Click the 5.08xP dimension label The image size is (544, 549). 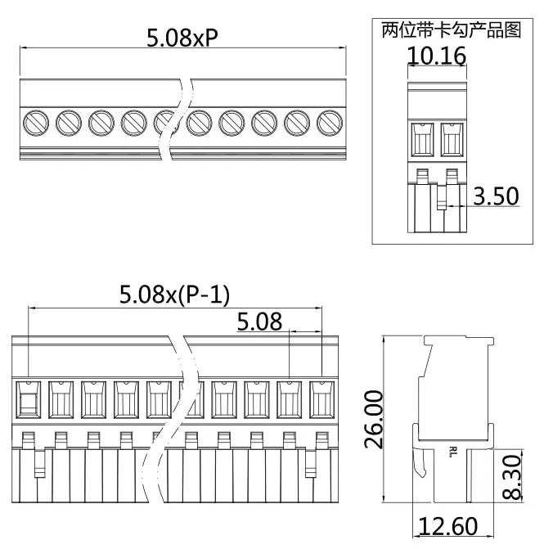(x=182, y=38)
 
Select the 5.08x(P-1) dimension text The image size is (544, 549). (x=174, y=295)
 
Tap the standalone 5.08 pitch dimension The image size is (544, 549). (x=259, y=322)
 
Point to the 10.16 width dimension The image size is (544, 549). (x=437, y=56)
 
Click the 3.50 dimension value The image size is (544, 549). (x=496, y=196)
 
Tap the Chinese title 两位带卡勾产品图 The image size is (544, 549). (x=452, y=31)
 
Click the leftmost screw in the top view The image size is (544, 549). (x=36, y=124)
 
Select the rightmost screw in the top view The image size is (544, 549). (x=329, y=124)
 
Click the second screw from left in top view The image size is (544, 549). (x=69, y=124)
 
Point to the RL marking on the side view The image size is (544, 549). (x=453, y=451)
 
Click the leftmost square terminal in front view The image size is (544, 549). (x=29, y=398)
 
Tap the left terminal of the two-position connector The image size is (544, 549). (x=423, y=138)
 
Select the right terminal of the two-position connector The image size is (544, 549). (x=451, y=138)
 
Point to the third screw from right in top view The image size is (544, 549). (x=264, y=124)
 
